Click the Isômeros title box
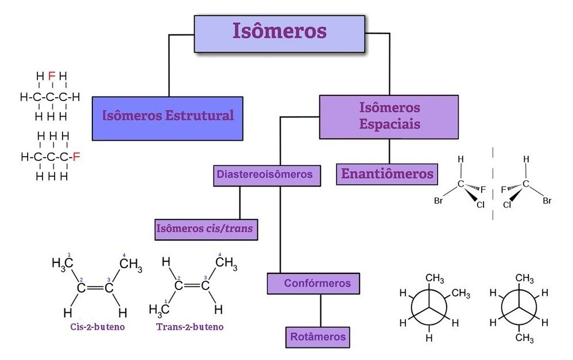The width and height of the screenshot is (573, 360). point(279,33)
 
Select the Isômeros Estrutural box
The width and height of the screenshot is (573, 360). point(168,118)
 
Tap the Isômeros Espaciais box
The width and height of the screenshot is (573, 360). point(389,117)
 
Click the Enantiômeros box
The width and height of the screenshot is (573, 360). point(387,174)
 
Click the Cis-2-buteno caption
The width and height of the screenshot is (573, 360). point(94,327)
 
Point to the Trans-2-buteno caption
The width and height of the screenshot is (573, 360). point(190,327)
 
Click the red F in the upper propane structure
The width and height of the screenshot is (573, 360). point(51,76)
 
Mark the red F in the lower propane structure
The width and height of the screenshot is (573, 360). point(76,156)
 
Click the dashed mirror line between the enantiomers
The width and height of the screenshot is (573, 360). point(493,184)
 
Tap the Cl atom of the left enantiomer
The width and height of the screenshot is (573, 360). point(481,203)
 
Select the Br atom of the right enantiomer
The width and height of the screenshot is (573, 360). point(547,201)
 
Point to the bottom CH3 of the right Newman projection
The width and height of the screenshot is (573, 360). point(524,338)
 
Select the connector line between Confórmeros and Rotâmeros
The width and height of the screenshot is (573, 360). point(320,310)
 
